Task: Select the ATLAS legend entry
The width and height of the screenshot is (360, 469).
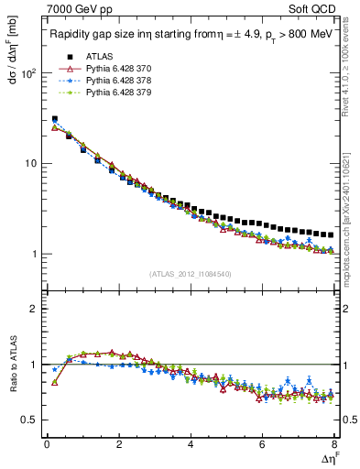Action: click(99, 57)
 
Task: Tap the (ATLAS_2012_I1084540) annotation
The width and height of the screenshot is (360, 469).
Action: click(191, 274)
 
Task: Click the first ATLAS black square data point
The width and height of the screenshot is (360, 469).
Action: click(55, 119)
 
